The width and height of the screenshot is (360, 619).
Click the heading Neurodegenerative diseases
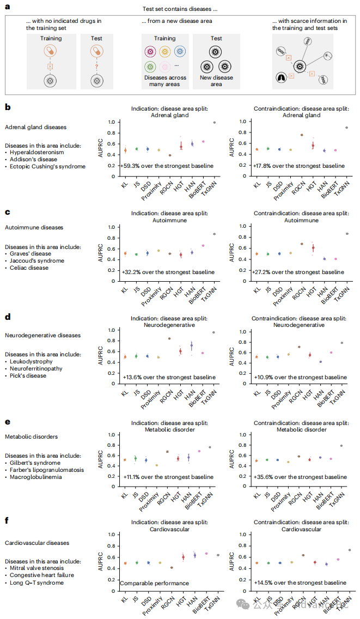point(42,336)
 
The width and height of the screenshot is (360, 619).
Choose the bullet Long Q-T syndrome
point(36,582)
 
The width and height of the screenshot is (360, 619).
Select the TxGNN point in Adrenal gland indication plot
point(214,123)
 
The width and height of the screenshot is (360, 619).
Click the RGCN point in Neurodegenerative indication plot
point(169,338)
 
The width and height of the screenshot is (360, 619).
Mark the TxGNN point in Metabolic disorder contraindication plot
point(342,446)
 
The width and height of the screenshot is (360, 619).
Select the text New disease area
point(216,81)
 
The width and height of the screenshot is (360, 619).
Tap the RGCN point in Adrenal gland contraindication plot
point(301,135)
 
